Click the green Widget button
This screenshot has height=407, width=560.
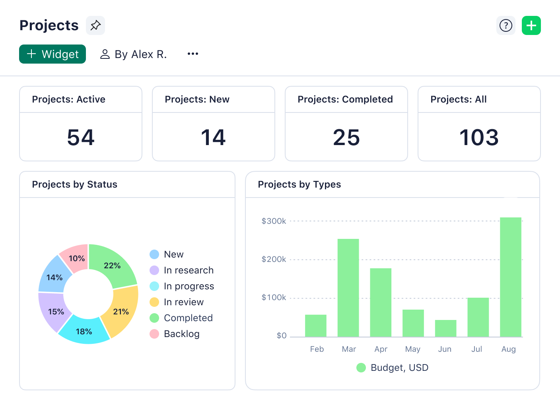tap(52, 54)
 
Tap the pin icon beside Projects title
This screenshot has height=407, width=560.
tap(95, 25)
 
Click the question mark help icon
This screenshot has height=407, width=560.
tap(506, 25)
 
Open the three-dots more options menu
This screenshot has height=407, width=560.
tap(193, 54)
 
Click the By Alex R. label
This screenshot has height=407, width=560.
tap(134, 54)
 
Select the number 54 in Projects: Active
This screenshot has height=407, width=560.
tap(81, 138)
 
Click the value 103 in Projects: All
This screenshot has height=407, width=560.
tap(479, 138)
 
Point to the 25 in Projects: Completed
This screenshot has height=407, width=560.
tap(346, 138)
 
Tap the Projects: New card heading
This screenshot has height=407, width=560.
tap(197, 99)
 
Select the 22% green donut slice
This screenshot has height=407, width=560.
tap(112, 266)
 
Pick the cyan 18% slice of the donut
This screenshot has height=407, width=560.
tap(84, 331)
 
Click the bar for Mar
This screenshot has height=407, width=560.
tap(348, 288)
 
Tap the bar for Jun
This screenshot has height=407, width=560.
tap(445, 328)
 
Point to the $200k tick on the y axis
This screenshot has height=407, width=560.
tap(274, 259)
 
